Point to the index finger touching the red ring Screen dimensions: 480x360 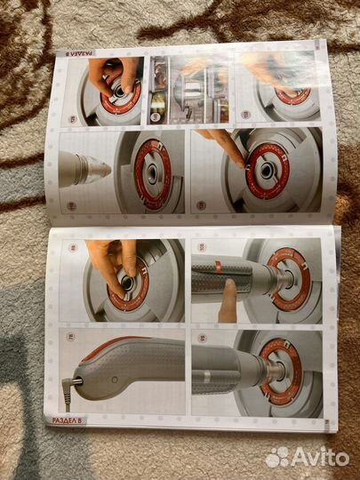233,151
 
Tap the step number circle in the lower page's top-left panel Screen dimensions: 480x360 72,250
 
